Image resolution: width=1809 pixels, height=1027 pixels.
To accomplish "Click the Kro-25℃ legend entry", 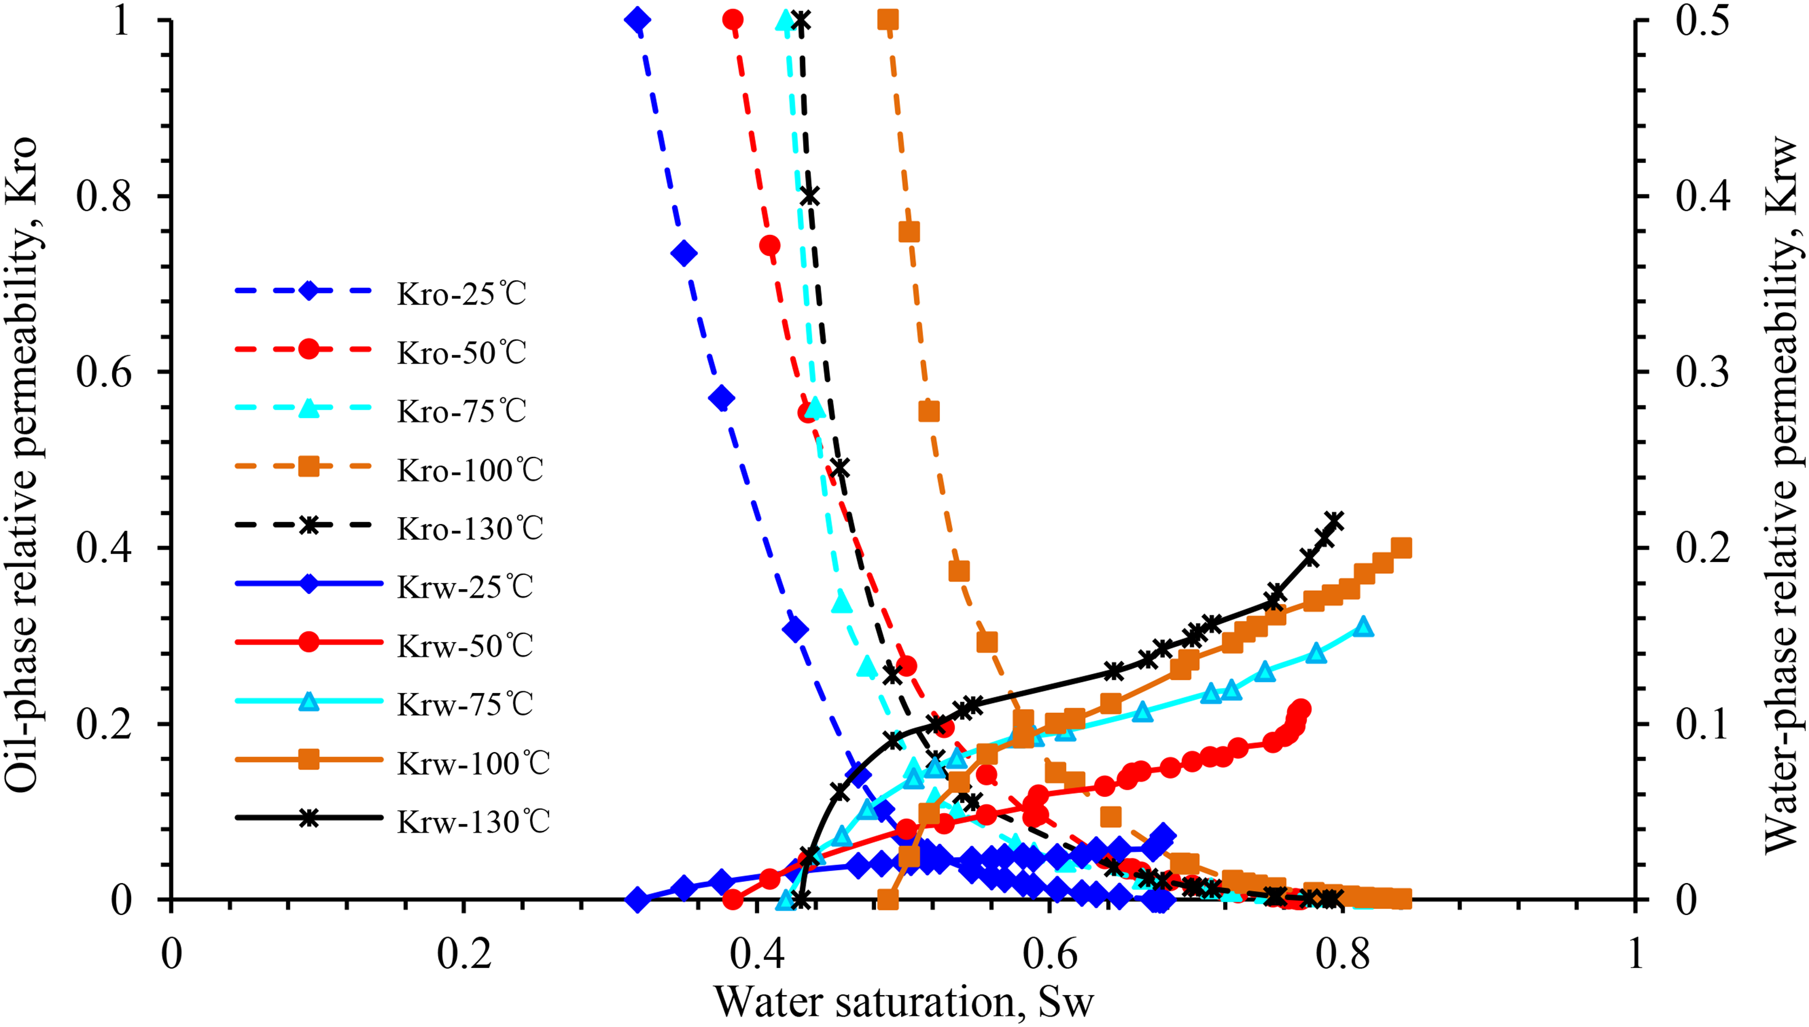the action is [381, 292].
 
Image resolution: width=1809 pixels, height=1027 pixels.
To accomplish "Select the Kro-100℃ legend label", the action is [470, 469].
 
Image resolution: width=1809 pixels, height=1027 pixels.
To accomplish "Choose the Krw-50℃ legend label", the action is [465, 644].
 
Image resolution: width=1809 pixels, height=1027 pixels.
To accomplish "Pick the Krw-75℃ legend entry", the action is [384, 704].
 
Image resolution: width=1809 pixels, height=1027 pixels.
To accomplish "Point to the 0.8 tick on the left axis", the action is [104, 197].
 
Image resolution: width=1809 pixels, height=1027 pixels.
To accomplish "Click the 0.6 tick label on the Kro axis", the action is [104, 373].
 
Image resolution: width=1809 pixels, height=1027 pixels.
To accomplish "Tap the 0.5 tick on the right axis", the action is [1703, 21].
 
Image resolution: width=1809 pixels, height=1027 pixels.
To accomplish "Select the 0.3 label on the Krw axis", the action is [1703, 373].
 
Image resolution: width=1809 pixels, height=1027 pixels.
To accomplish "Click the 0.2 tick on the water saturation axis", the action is [463, 954].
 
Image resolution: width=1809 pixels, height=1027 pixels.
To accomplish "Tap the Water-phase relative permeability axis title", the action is [1781, 494].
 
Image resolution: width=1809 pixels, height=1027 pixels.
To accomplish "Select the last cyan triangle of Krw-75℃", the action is [1363, 625].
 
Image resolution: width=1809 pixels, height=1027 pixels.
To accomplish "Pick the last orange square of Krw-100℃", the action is [1402, 547].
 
